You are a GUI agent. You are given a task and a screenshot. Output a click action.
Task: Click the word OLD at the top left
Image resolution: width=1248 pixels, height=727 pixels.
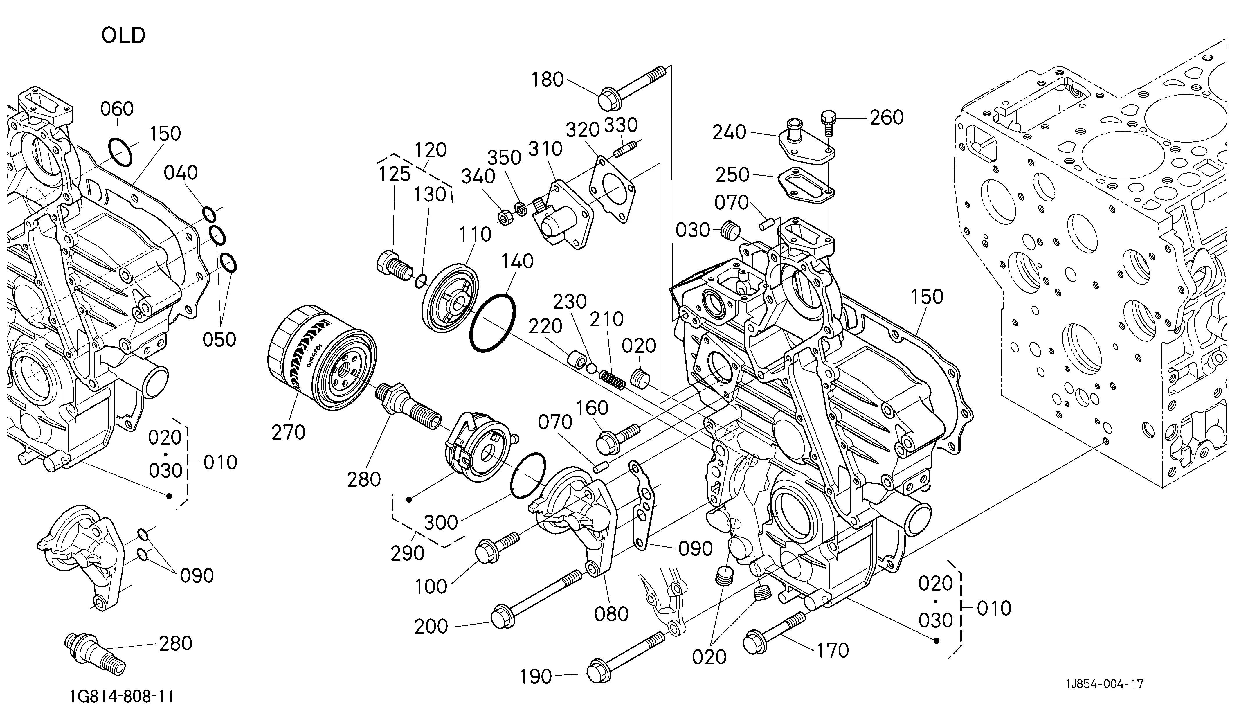click(123, 36)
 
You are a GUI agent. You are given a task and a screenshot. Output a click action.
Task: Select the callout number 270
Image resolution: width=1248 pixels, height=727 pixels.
click(288, 432)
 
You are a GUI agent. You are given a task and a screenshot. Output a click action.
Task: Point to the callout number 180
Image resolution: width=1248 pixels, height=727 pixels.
click(548, 79)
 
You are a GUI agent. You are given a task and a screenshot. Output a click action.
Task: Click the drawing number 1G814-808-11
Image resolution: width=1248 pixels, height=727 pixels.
click(121, 697)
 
